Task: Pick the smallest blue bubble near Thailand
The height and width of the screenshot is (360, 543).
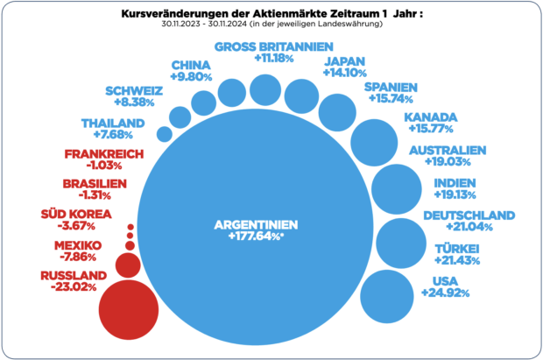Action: tap(164, 134)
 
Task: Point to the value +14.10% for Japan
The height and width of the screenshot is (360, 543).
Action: tap(345, 73)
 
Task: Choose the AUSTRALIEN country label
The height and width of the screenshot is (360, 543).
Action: tap(447, 150)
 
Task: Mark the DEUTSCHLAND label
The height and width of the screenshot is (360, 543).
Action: tap(469, 215)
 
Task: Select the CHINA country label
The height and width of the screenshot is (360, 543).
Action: tap(189, 65)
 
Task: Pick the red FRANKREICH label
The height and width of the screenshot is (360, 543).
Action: tap(97, 154)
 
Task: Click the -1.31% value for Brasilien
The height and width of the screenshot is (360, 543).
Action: tap(91, 195)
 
